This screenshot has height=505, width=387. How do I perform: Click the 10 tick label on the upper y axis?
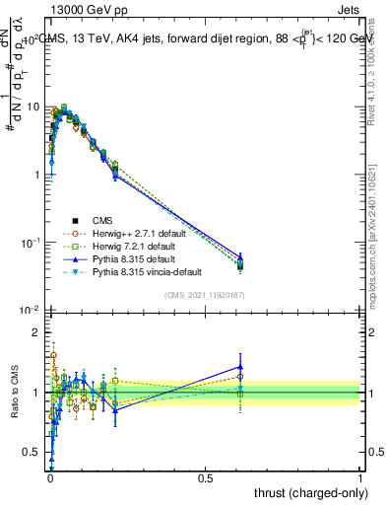32,107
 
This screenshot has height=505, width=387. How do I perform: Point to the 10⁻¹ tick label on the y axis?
31,243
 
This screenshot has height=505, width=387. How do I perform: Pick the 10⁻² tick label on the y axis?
31,311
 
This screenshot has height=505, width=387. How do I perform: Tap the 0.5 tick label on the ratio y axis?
32,453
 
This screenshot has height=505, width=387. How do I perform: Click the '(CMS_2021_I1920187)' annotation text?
204,295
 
